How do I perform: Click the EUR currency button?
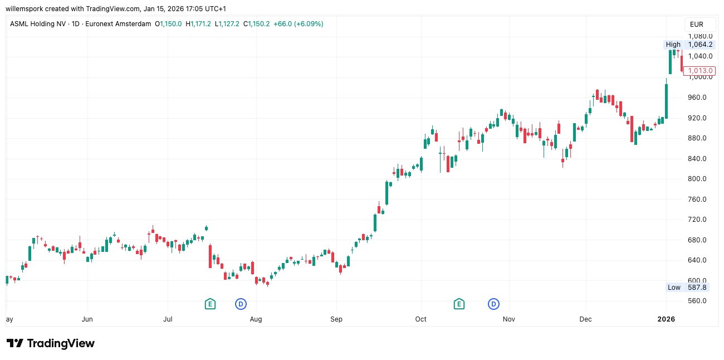pyautogui.click(x=696, y=25)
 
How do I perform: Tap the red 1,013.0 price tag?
pyautogui.click(x=700, y=71)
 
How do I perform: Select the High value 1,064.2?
pyautogui.click(x=700, y=45)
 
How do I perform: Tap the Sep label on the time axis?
pyautogui.click(x=336, y=319)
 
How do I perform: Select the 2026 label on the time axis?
pyautogui.click(x=666, y=319)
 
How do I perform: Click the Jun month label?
pyautogui.click(x=87, y=319)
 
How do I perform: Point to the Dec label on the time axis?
pyautogui.click(x=586, y=319)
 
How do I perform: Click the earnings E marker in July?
pyautogui.click(x=210, y=304)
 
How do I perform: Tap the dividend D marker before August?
pyautogui.click(x=241, y=304)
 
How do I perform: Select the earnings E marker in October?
pyautogui.click(x=459, y=304)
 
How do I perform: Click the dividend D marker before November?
pyautogui.click(x=493, y=304)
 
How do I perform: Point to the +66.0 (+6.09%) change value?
pyautogui.click(x=298, y=24)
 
